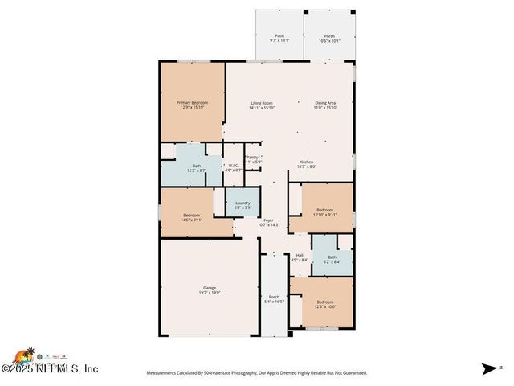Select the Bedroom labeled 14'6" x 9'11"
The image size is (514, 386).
[x=191, y=216]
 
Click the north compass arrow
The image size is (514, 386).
[x=489, y=369]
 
